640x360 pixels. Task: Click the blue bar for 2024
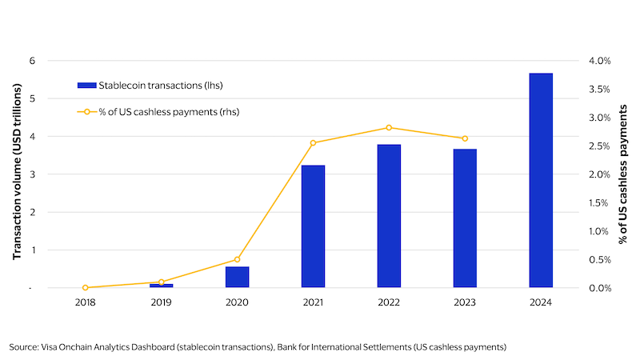[x=541, y=180]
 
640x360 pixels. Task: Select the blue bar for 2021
[x=313, y=226]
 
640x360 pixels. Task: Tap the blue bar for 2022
[x=389, y=216]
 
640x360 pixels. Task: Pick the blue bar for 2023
[x=465, y=218]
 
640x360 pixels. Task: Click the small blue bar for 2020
[x=237, y=277]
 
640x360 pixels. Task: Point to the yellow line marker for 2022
[x=389, y=128]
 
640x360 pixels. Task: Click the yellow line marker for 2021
[x=313, y=143]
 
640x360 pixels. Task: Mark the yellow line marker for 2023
[x=465, y=138]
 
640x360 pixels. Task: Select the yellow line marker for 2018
[x=85, y=287]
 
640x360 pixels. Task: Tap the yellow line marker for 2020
[x=237, y=259]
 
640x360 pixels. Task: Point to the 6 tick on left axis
[x=32, y=61]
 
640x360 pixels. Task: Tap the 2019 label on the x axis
[x=161, y=302]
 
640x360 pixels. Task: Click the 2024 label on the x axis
[x=541, y=302]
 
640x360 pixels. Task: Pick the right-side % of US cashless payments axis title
[x=623, y=174]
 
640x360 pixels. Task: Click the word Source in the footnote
[x=23, y=346]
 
